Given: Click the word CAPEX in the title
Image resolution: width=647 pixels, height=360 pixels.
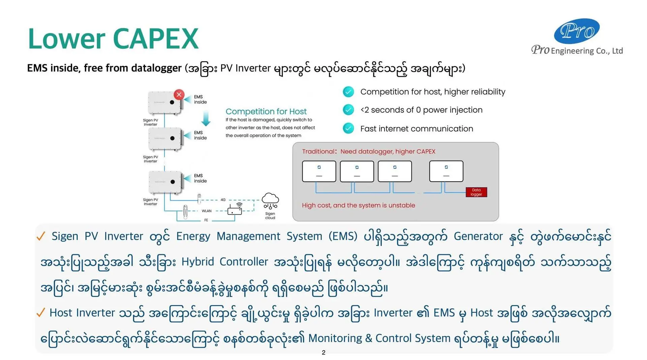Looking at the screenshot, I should pyautogui.click(x=155, y=39).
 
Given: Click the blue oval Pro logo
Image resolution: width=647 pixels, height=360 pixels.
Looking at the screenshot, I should pyautogui.click(x=577, y=31).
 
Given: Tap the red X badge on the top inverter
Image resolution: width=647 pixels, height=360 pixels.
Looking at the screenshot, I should pyautogui.click(x=179, y=95).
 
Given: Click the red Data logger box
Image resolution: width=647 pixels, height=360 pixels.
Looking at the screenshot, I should pyautogui.click(x=476, y=192).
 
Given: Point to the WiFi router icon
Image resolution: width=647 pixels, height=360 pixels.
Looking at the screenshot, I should pyautogui.click(x=235, y=209).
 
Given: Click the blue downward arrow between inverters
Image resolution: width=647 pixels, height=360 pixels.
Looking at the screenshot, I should pyautogui.click(x=206, y=119).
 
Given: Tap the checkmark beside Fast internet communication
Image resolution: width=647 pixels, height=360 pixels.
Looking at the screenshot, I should pyautogui.click(x=348, y=128).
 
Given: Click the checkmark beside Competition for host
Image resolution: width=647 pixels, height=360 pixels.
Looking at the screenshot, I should pyautogui.click(x=348, y=92).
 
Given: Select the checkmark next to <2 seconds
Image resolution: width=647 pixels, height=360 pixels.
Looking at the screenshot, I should pyautogui.click(x=348, y=110).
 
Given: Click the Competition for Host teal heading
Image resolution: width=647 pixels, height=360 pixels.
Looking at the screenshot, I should pyautogui.click(x=266, y=111).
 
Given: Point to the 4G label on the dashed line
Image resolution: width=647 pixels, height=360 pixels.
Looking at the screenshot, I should pyautogui.click(x=223, y=200).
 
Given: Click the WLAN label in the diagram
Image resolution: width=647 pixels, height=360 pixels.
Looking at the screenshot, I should pyautogui.click(x=207, y=211).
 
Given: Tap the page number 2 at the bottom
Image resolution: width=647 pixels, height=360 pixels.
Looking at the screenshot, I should pyautogui.click(x=323, y=353).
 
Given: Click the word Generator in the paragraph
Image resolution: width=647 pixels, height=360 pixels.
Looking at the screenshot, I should pyautogui.click(x=478, y=236).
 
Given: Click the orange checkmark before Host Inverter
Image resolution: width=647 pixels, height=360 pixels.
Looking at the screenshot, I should pyautogui.click(x=40, y=313).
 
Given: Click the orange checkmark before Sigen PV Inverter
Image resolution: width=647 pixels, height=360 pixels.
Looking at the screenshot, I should pyautogui.click(x=40, y=236).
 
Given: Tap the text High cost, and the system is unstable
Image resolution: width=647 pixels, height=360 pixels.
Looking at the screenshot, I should pyautogui.click(x=358, y=205).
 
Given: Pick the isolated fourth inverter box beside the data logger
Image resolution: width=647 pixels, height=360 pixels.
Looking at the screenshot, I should pyautogui.click(x=446, y=171).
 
